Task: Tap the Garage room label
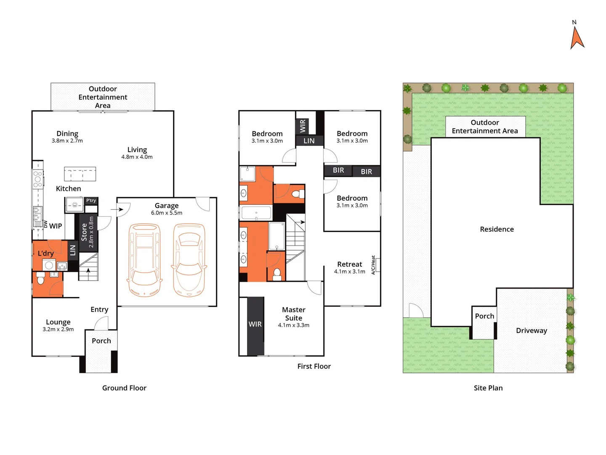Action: (167, 206)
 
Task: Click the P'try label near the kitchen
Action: (91, 201)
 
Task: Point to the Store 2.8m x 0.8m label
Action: (88, 232)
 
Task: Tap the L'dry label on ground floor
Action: (46, 253)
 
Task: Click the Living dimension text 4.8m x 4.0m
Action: (137, 157)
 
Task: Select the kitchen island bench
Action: (80, 174)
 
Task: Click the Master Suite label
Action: (294, 314)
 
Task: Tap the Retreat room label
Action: (349, 264)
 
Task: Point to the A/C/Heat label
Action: (373, 265)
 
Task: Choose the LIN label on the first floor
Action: (309, 141)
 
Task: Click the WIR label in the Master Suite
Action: (255, 324)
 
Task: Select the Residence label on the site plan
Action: (497, 229)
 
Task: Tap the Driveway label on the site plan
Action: (532, 331)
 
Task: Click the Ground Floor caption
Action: (124, 388)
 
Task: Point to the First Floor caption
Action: (314, 367)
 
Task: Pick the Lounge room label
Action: (58, 322)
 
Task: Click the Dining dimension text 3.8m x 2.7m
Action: (67, 141)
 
